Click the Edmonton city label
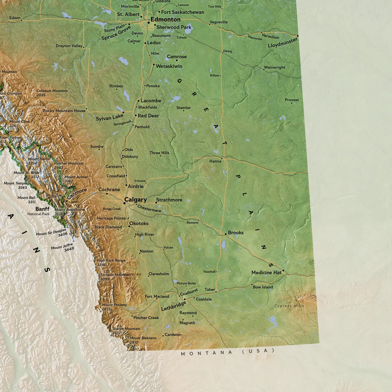(x=165, y=20)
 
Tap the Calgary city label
(x=135, y=200)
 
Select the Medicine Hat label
(x=266, y=272)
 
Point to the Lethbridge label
(x=173, y=306)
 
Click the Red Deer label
(x=148, y=116)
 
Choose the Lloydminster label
(x=282, y=43)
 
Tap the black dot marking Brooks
(x=225, y=234)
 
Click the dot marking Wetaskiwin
(x=154, y=65)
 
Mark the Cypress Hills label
(x=289, y=306)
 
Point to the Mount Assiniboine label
(x=70, y=210)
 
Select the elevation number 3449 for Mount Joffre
(x=69, y=249)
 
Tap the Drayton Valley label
(x=69, y=46)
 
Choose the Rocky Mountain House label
(x=64, y=111)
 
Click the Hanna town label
(x=215, y=161)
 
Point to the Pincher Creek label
(x=146, y=318)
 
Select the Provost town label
(x=292, y=100)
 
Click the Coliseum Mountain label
(x=52, y=91)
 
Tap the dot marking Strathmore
(x=156, y=203)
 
